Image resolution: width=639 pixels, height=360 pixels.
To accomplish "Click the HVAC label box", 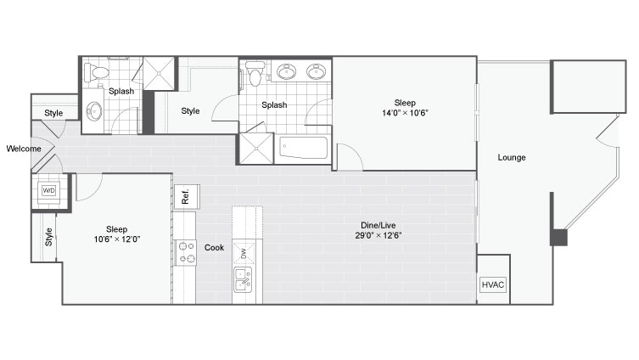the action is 493,284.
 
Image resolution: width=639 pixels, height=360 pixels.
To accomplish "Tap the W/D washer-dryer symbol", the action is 49,190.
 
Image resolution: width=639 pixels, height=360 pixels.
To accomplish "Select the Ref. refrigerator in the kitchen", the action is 187,196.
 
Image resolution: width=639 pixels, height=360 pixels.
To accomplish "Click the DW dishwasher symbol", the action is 244,254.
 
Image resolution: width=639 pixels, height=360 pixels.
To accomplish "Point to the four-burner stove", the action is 186,252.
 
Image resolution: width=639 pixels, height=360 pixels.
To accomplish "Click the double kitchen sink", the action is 243,279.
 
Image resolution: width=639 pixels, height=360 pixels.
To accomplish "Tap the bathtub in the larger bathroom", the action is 304,149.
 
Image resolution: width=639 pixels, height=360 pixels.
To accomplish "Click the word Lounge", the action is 512,157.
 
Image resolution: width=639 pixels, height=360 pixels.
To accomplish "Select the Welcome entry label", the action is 24,149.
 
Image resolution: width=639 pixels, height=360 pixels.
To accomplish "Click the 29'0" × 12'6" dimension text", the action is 378,235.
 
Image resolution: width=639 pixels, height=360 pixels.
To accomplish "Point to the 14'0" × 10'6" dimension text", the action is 405,113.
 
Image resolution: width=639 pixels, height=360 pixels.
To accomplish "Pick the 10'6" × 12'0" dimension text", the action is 117,239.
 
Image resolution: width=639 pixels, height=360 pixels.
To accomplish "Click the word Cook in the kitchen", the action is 215,247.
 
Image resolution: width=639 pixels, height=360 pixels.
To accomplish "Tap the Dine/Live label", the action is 378,225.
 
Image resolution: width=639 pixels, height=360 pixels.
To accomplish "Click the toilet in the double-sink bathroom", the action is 255,73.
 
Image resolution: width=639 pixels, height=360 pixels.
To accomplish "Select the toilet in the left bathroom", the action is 96,73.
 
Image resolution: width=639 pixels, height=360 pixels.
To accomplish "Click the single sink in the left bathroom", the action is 94,110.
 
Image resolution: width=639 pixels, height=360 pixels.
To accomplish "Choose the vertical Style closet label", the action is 49,237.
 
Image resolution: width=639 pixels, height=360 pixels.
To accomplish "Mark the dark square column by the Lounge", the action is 558,237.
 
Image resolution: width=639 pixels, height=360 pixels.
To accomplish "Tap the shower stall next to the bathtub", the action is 256,149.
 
